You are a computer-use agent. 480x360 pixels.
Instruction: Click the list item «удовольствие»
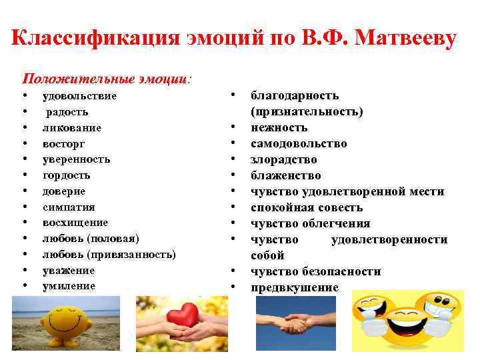coord(79,95)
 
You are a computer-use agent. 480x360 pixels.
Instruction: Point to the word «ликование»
coord(72,127)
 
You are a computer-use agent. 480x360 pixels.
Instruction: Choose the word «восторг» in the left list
coord(63,143)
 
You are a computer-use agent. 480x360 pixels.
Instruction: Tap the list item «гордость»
coord(66,175)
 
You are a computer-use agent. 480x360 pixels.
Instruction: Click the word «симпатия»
coord(69,207)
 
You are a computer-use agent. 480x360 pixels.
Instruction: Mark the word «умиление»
coord(69,286)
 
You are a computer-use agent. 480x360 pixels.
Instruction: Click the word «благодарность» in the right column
coord(295,95)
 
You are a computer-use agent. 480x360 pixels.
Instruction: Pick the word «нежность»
coord(279,127)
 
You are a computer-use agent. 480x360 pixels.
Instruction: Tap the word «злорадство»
coord(283,159)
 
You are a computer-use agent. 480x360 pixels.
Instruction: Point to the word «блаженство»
coord(285,175)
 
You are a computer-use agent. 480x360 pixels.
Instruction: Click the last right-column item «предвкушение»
coord(294,287)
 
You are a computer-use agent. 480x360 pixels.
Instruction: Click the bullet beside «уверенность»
coord(25,160)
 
